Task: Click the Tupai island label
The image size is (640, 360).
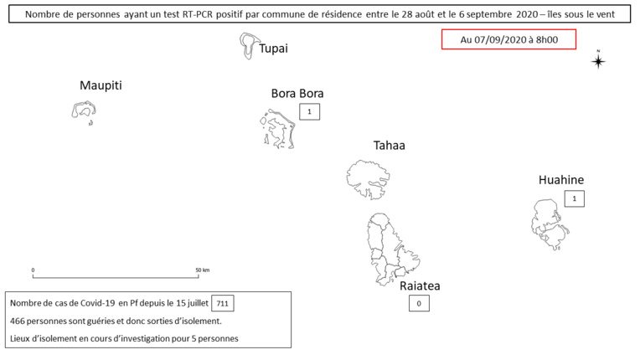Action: point(273,49)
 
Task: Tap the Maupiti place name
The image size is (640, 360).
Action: point(101,85)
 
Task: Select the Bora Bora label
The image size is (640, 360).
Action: point(297,94)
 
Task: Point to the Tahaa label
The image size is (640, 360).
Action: point(389,145)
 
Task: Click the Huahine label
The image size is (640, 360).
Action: point(560,180)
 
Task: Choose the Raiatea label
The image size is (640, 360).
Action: point(420,285)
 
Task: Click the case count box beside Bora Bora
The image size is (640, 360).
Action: point(309,111)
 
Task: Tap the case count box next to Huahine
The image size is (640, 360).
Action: point(575,199)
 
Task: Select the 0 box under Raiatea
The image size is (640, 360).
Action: point(419,303)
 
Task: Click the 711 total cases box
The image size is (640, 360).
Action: point(223,303)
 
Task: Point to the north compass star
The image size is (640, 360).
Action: point(598,61)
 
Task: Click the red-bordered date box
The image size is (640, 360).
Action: point(508,39)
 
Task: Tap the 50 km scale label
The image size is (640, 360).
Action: point(203,270)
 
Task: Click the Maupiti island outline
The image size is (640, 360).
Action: point(73,110)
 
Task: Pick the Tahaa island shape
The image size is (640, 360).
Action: point(368,180)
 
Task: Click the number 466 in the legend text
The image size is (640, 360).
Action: point(18,321)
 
